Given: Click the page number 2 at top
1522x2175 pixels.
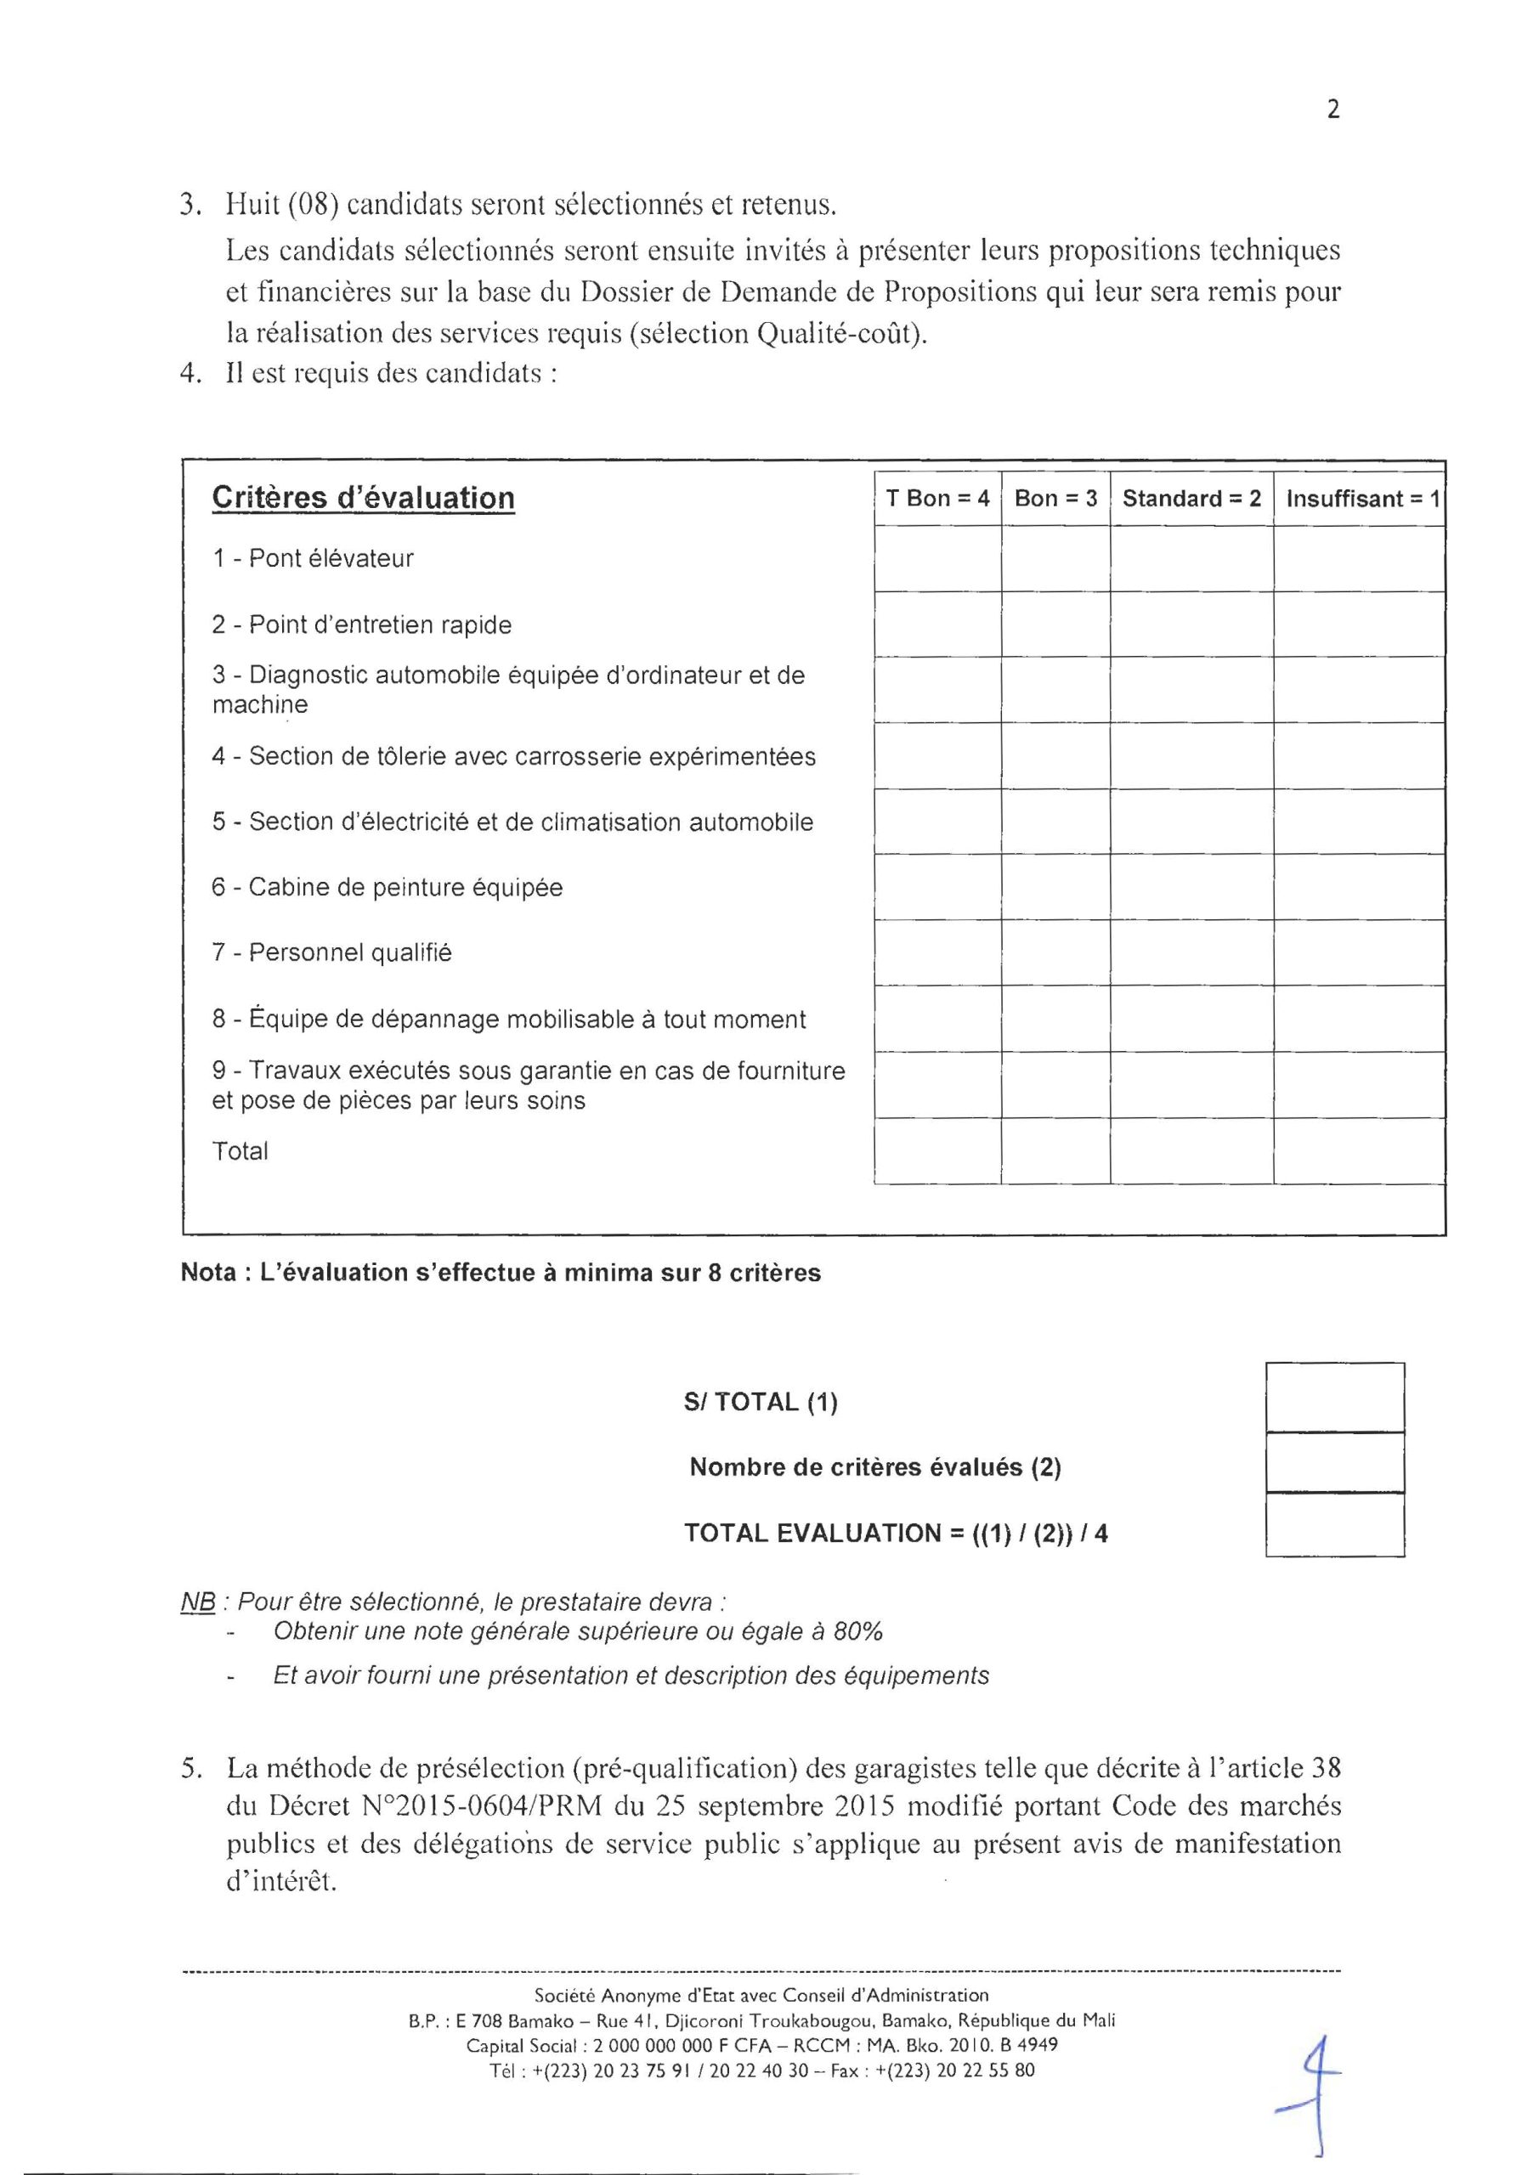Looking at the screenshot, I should click(1332, 110).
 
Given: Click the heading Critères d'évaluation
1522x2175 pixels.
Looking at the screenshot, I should click(363, 498).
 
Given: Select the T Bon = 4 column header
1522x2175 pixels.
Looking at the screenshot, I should click(936, 498).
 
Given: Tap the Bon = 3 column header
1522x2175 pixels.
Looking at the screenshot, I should click(1055, 498).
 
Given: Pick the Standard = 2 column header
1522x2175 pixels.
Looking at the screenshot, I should click(1191, 498).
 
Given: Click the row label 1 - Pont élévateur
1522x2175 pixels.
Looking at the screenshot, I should click(313, 558).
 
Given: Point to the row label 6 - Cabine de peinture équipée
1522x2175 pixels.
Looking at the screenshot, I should click(387, 888).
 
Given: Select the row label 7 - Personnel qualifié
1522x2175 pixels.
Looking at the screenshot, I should click(331, 952).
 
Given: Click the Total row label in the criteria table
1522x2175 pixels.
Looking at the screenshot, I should click(240, 1151).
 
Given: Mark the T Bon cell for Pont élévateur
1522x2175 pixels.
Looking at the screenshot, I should click(936, 559).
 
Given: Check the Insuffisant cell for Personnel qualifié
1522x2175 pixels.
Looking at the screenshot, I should click(1358, 953).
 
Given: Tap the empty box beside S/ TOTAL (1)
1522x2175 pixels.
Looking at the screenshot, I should click(1334, 1398).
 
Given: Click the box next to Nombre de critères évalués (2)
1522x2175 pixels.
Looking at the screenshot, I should click(1334, 1463).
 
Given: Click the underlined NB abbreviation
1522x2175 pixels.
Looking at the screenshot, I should click(198, 1603).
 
